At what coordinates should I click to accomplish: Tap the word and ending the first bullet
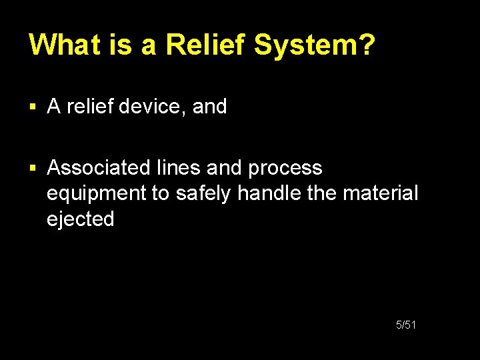(209, 106)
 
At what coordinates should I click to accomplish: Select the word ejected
(81, 219)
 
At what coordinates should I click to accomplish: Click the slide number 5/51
(406, 325)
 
